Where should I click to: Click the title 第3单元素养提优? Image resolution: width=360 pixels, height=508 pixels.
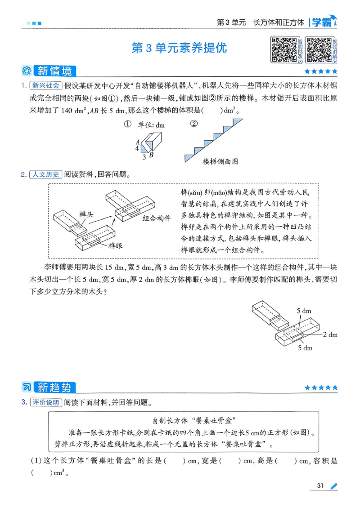[x=179, y=48]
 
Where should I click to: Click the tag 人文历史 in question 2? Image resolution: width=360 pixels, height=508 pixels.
[x=46, y=174]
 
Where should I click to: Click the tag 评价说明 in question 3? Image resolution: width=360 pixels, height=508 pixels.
[x=46, y=402]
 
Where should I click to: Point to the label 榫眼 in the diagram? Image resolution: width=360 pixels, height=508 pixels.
[x=116, y=245]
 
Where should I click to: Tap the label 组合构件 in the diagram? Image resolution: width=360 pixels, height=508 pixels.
[x=157, y=218]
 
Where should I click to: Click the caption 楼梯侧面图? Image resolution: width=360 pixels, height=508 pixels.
[x=220, y=161]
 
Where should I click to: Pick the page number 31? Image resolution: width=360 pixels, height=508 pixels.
[x=321, y=486]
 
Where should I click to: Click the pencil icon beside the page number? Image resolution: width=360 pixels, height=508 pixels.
[x=333, y=486]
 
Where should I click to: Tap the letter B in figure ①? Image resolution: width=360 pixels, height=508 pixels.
[x=151, y=155]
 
